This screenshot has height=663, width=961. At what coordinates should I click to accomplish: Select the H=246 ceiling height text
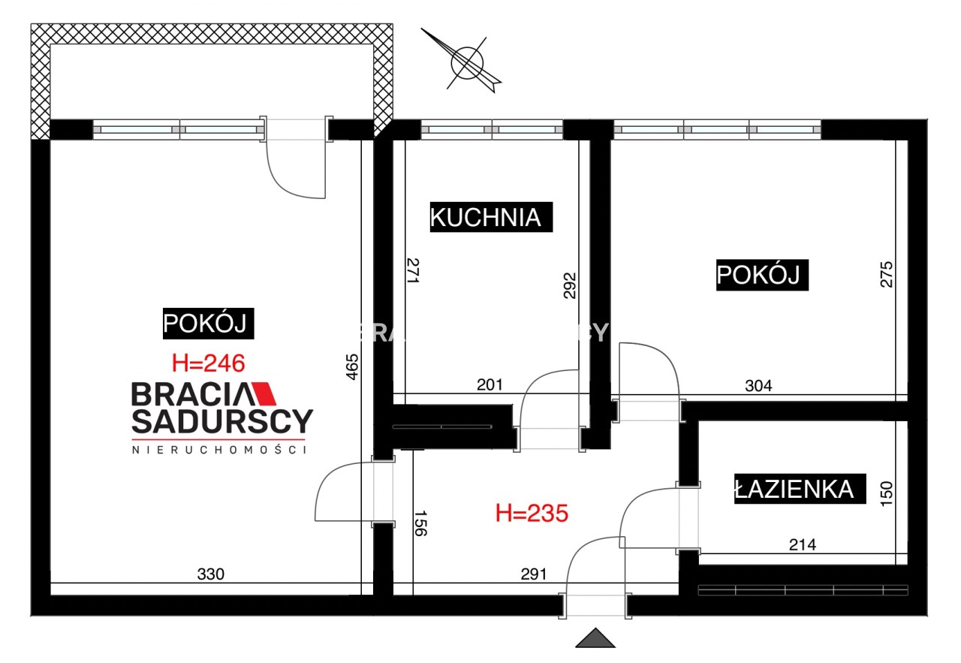[209, 363]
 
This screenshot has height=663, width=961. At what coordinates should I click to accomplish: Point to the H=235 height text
[532, 514]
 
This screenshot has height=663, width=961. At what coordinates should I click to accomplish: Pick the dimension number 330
[210, 574]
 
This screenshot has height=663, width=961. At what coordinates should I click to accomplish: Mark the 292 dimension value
[570, 286]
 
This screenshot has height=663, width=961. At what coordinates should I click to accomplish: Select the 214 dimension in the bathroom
[802, 544]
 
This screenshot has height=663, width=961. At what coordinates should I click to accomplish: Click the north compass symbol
[466, 62]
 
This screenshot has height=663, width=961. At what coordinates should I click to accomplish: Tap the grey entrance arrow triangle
[595, 638]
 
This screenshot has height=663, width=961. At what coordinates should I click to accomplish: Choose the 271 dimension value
[412, 270]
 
